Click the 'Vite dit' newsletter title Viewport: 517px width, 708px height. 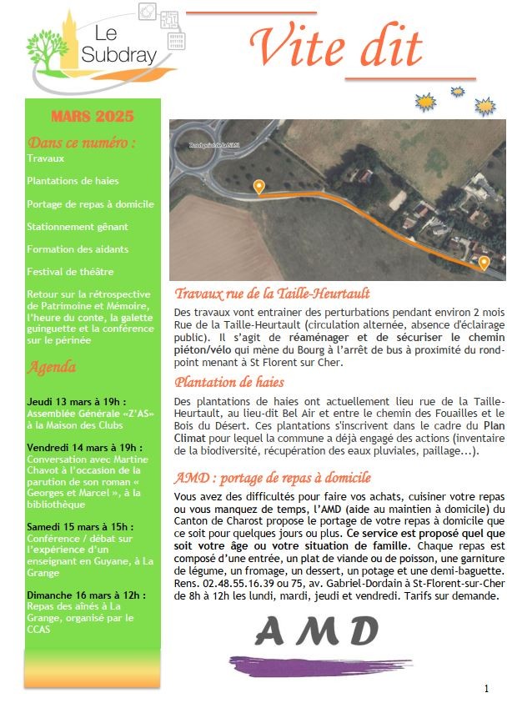pos(336,47)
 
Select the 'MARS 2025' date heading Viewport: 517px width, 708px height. pos(92,117)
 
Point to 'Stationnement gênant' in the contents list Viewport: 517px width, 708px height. pos(78,226)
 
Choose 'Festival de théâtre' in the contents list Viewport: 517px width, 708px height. pos(70,272)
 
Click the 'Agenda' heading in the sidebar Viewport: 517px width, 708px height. pos(52,367)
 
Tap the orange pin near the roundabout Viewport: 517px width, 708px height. pos(258,187)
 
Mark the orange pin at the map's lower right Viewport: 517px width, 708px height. pos(484,264)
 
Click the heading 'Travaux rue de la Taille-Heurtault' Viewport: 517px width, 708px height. pos(273,294)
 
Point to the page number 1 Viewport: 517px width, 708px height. pos(486,689)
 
